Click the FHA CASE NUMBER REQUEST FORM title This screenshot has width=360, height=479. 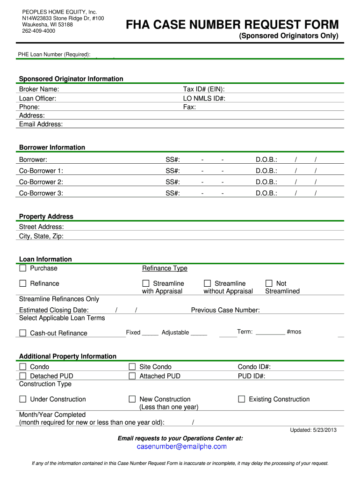[232, 25]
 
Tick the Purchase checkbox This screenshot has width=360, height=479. [23, 269]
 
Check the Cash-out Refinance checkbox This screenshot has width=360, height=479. [23, 333]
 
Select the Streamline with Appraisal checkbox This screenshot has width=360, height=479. [145, 283]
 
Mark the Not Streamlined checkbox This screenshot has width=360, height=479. [269, 283]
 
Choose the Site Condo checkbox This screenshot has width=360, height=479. [132, 367]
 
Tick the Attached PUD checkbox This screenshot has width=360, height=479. [132, 376]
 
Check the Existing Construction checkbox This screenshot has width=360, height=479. [242, 399]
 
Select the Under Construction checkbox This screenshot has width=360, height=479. [23, 399]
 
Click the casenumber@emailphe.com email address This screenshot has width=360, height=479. [181, 447]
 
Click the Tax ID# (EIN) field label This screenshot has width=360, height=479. [203, 89]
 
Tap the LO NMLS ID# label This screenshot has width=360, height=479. [204, 98]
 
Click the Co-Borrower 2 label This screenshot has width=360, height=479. [41, 182]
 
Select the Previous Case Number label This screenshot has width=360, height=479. [225, 310]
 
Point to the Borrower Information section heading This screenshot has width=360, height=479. [52, 147]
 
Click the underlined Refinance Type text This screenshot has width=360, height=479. [165, 269]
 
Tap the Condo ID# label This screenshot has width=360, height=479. [254, 367]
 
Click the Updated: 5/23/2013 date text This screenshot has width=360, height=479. [313, 430]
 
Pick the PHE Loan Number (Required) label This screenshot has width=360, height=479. [54, 55]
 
